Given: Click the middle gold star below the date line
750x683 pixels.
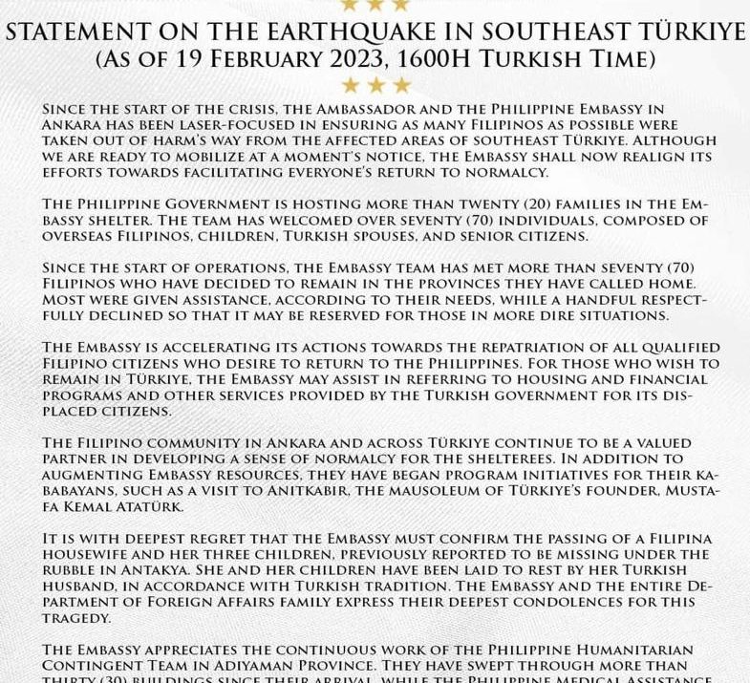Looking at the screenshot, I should click(x=375, y=86).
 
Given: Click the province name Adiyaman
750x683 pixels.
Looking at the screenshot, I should click(x=311, y=665).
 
